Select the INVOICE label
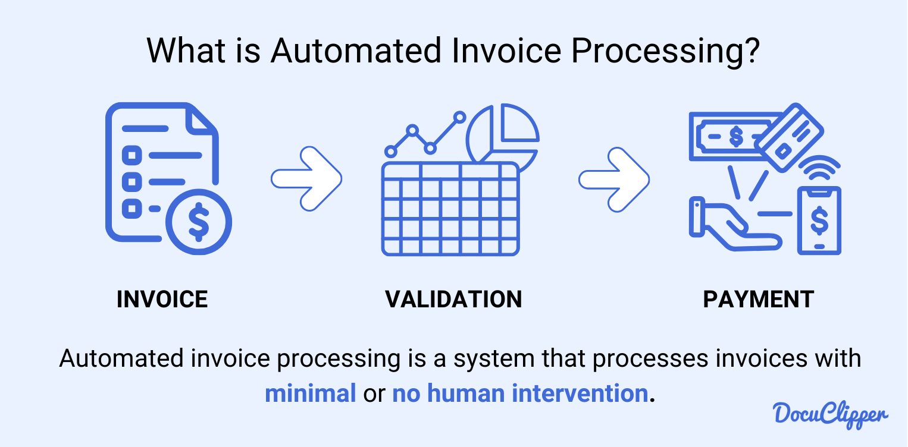(162, 299)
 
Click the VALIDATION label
(453, 299)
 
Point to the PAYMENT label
(758, 299)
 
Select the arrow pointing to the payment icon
(614, 180)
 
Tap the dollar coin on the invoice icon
(199, 222)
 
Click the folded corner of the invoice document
(202, 120)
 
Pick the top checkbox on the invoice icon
(131, 155)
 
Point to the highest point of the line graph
(460, 118)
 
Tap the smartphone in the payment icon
(819, 221)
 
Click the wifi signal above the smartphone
(819, 167)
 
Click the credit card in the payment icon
(791, 138)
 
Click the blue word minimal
(311, 394)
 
